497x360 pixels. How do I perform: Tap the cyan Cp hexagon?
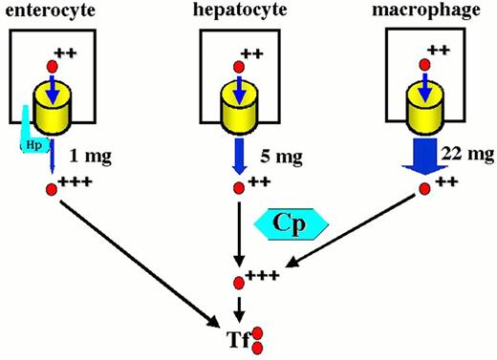292,222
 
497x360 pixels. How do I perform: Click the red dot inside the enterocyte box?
54,66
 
